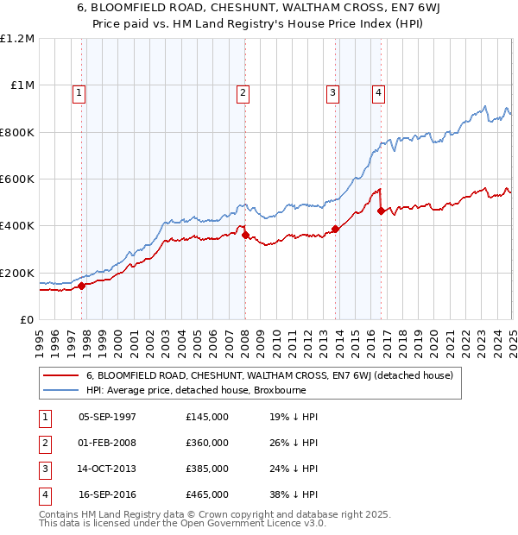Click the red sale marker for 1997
pos(82,286)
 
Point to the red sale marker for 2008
pos(245,235)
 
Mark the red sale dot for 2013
pos(335,230)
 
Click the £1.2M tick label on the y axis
pos(17,39)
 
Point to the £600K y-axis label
pos(17,179)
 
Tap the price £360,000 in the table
pos(206,443)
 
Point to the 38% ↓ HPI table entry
pos(294,494)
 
